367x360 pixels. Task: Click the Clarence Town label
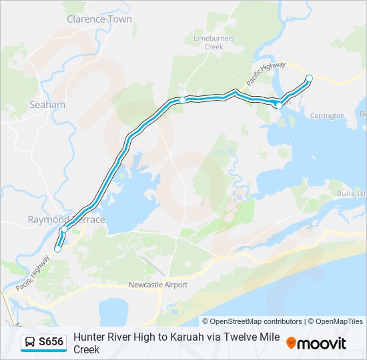(99, 19)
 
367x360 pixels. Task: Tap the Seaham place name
(47, 105)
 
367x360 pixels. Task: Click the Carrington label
(327, 115)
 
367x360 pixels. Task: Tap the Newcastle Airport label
(158, 285)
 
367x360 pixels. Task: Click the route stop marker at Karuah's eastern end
(309, 79)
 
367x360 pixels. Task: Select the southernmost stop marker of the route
(57, 249)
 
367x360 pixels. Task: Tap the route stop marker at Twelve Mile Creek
(182, 101)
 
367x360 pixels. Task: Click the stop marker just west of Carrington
(279, 105)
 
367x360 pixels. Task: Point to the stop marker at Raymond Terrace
(64, 229)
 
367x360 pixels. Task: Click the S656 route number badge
(51, 342)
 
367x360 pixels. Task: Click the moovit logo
(316, 343)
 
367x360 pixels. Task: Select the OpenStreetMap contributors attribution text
(252, 321)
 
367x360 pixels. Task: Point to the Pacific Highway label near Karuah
(266, 72)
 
